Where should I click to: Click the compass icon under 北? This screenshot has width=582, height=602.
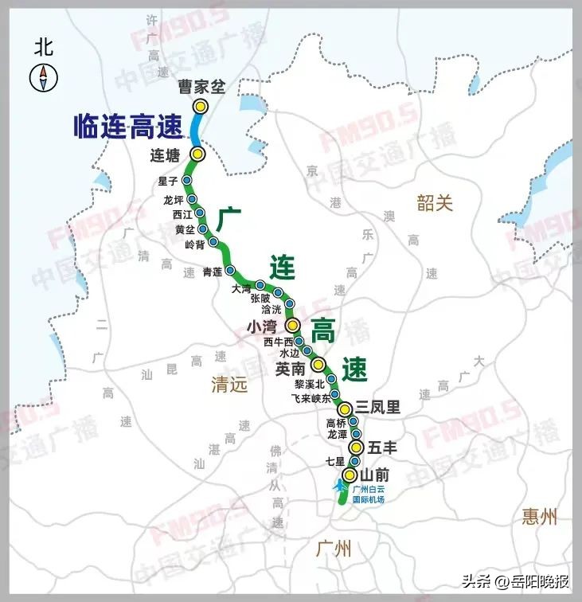pos(42,77)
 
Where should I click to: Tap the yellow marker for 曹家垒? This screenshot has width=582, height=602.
pos(201,106)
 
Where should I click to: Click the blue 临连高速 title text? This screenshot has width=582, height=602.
pos(127,127)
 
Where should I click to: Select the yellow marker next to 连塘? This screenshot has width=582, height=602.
pos(197,154)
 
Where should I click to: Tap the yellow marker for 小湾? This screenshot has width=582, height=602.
pos(292,325)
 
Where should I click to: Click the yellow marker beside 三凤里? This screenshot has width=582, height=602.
pos(345,409)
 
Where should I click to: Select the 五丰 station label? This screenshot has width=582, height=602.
pos(381,448)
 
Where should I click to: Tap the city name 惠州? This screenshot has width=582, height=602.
pos(541,516)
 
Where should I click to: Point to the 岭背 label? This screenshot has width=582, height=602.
pos(194,244)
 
